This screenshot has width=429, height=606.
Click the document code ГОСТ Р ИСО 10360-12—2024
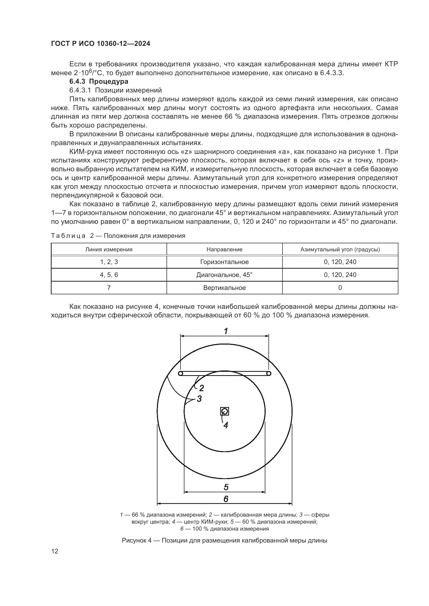coord(100,44)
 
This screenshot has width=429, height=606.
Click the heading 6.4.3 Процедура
coord(99,81)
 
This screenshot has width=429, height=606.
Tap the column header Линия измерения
coord(109,249)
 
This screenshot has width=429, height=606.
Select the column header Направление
coord(224,249)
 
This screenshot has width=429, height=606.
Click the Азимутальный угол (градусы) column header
coord(340,249)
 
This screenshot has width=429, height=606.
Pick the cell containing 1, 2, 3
coord(109,262)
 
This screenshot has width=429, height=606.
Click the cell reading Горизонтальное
coord(224,262)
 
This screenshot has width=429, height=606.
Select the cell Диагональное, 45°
coord(224,275)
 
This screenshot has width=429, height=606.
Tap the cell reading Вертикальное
coord(224,288)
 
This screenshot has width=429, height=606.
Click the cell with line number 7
coord(109,288)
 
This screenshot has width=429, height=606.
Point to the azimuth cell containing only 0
coord(340,288)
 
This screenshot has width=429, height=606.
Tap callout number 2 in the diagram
coord(202,388)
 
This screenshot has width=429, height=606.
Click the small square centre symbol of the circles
coord(225,411)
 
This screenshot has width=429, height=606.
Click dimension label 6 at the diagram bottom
coord(226,499)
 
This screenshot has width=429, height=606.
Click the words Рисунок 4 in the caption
coord(137,540)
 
